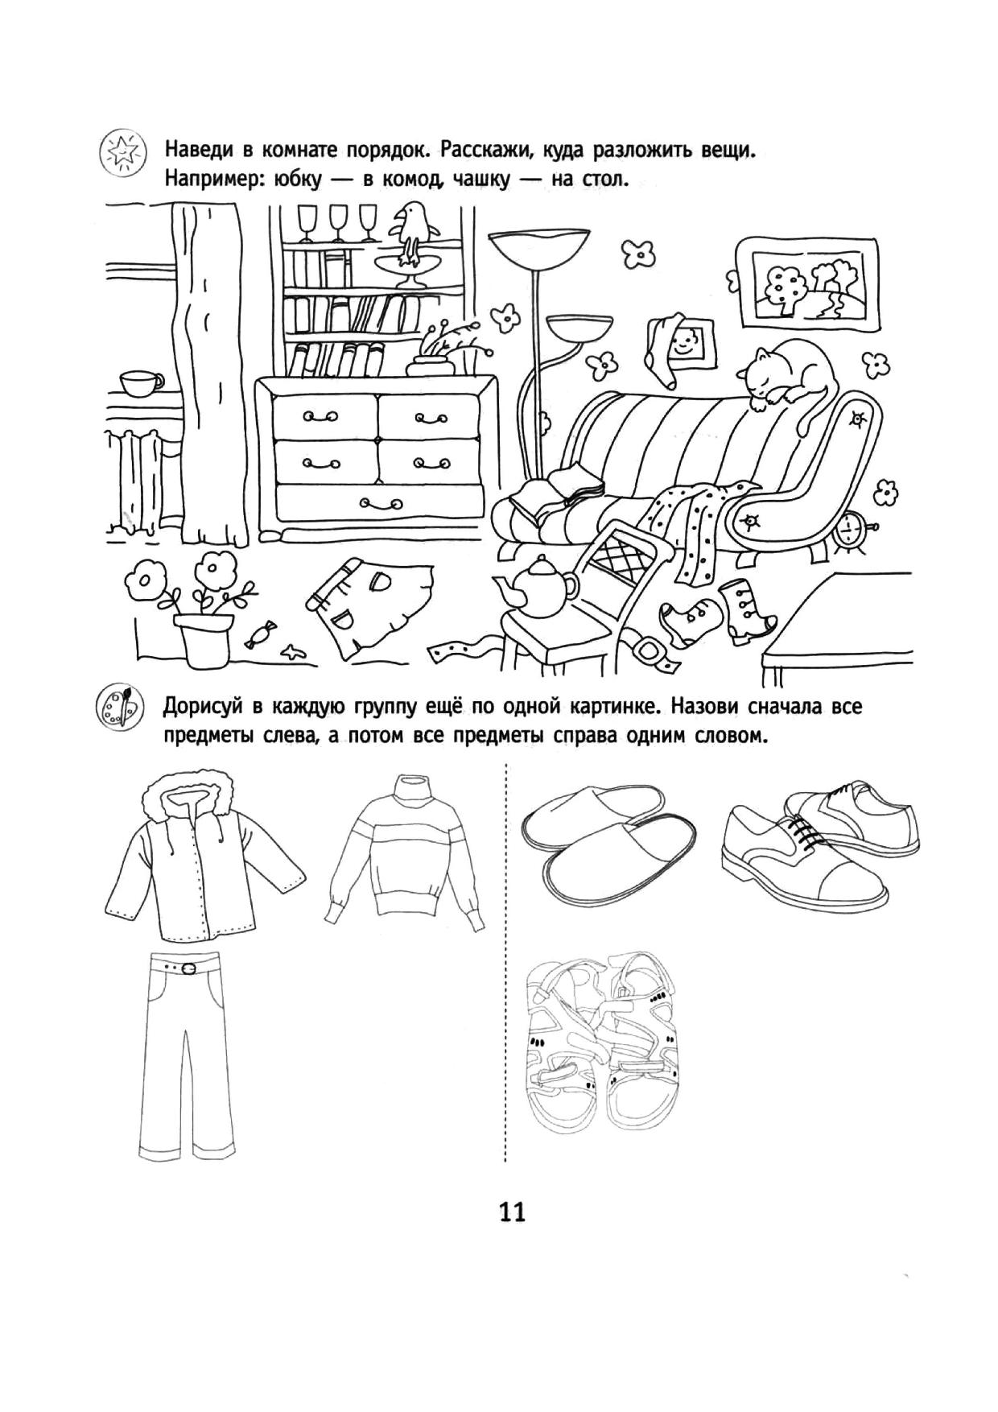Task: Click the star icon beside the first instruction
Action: [x=123, y=152]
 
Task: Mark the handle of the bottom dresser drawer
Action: [x=378, y=504]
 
